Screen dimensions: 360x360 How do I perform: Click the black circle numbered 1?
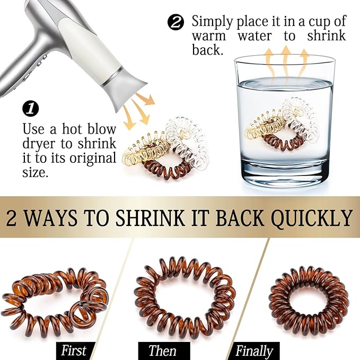click(x=31, y=109)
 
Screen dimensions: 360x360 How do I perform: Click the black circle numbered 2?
click(x=175, y=22)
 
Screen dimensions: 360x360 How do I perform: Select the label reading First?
click(x=74, y=350)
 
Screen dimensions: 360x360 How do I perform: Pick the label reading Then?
click(x=162, y=350)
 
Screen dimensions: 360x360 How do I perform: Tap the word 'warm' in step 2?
click(x=209, y=37)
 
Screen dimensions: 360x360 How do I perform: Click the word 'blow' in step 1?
click(x=102, y=129)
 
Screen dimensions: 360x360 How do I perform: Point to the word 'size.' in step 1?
click(x=36, y=173)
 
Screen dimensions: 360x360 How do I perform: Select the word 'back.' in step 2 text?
click(x=207, y=50)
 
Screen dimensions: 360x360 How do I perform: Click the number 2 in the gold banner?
click(x=12, y=217)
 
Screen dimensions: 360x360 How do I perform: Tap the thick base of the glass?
click(x=285, y=173)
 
